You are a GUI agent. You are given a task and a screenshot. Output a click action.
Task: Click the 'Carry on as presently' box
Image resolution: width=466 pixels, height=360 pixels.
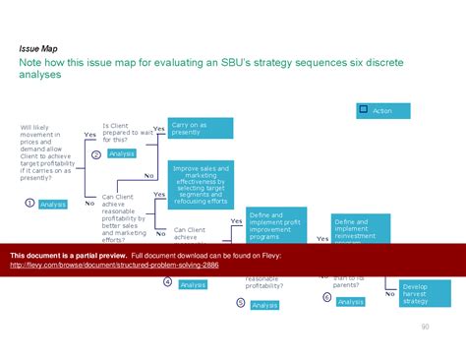201,128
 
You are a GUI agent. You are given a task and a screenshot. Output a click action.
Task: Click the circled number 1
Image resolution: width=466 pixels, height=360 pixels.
30,203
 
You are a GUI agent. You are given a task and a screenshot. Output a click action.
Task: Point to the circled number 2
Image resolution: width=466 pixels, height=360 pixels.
96,154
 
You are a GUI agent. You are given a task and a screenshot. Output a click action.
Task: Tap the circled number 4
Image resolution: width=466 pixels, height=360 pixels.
167,282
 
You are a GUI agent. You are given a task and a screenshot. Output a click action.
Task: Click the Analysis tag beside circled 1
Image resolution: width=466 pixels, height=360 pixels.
53,204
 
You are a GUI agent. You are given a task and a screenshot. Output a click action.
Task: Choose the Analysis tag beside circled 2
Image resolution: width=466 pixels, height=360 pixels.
122,153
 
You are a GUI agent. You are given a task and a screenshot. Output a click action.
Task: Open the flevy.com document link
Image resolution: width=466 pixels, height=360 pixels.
114,266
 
